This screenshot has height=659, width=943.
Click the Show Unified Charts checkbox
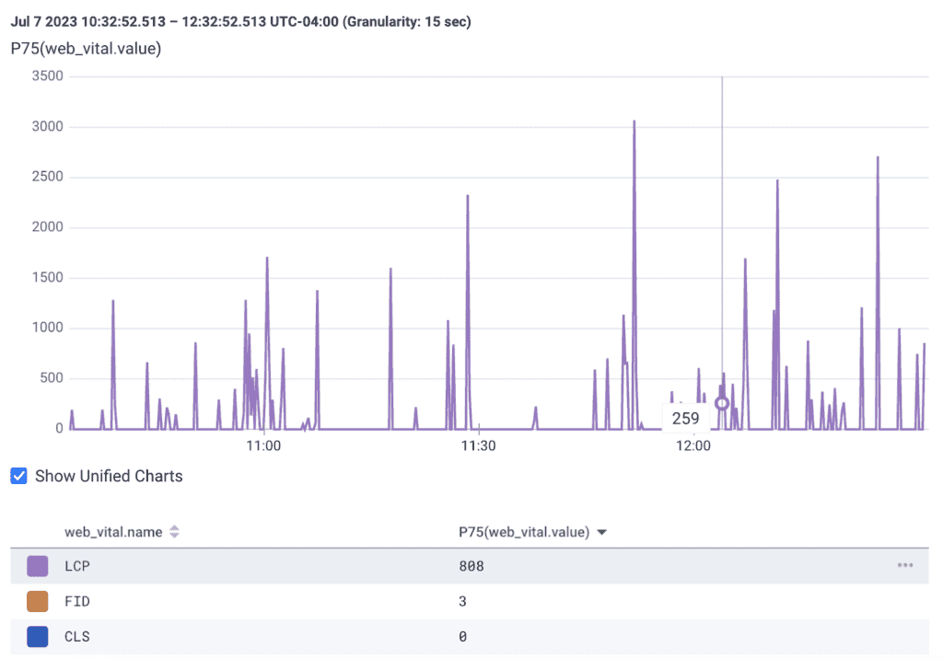(x=18, y=476)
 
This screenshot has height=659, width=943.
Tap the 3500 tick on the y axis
(x=46, y=76)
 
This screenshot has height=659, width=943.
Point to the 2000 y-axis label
(x=46, y=227)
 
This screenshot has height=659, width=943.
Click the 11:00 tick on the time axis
(x=263, y=445)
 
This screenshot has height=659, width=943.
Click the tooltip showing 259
(x=685, y=418)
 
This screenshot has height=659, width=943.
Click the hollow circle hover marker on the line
(x=722, y=403)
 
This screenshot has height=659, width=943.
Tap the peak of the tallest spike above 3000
(x=634, y=121)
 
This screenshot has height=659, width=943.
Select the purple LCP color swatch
(x=38, y=566)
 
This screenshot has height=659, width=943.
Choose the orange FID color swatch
(x=38, y=601)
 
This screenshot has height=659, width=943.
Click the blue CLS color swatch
(x=38, y=636)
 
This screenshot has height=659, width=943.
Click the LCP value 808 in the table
(x=471, y=566)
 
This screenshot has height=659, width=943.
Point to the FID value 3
(x=462, y=601)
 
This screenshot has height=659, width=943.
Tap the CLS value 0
(x=462, y=636)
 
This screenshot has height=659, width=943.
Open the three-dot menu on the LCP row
(x=905, y=565)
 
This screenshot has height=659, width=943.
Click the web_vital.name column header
(x=113, y=532)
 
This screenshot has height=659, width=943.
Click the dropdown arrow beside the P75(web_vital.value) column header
(x=602, y=532)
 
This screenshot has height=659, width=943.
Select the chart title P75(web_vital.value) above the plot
(x=87, y=48)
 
